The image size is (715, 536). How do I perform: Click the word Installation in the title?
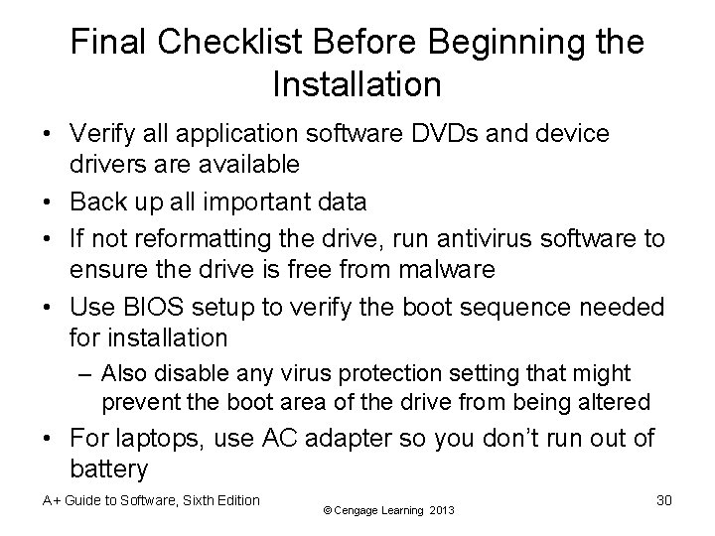tap(356, 84)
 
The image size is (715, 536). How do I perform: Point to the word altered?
tap(617, 403)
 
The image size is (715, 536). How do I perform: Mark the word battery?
tap(109, 469)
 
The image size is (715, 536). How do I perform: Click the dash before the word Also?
tap(86, 373)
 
